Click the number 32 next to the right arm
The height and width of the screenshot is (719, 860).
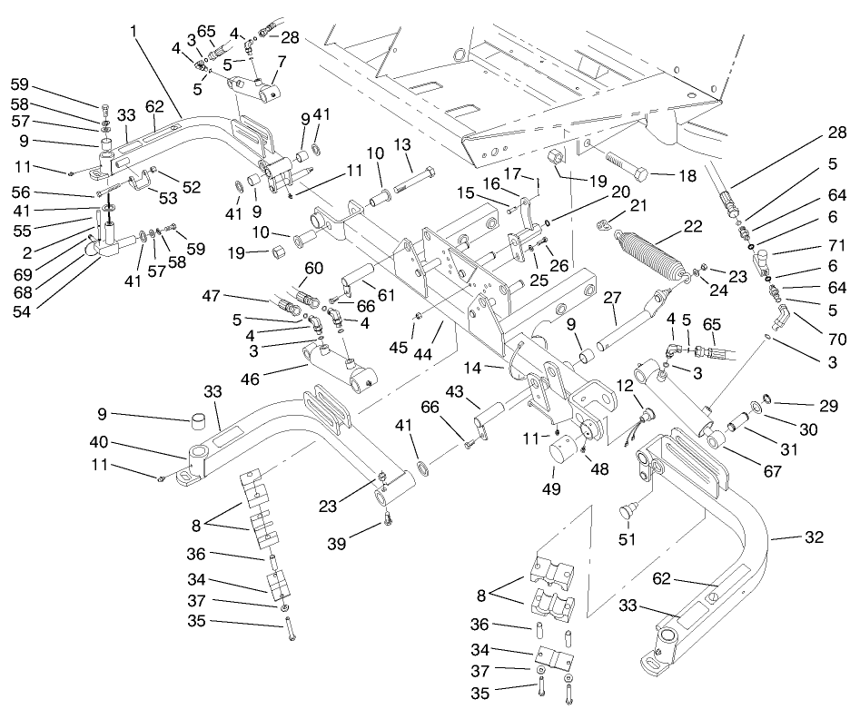pos(814,537)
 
